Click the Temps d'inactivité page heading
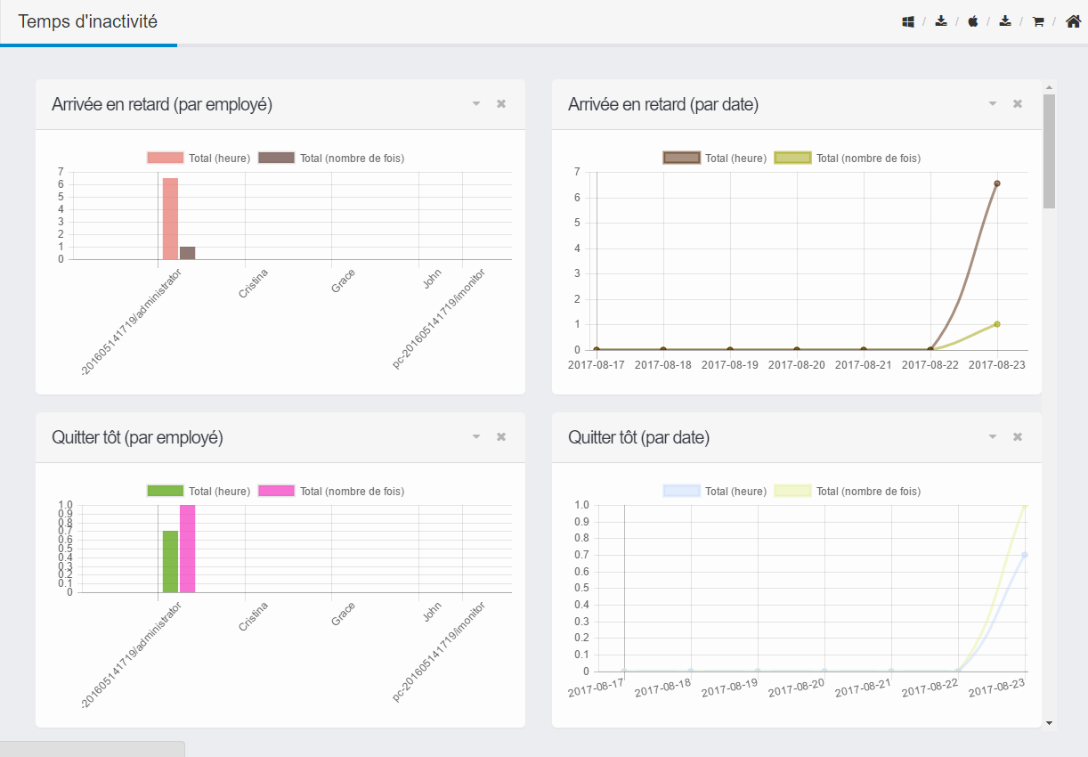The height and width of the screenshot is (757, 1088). (x=88, y=21)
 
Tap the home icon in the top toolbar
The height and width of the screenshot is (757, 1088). (x=1073, y=21)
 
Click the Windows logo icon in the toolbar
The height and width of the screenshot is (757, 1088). (x=908, y=22)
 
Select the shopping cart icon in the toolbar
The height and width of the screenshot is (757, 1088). (x=1038, y=22)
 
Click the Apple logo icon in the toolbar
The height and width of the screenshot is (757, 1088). (x=973, y=21)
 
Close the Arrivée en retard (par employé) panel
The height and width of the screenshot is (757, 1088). (x=501, y=104)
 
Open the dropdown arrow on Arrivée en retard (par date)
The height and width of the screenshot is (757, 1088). (x=993, y=104)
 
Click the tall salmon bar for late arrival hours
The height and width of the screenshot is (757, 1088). (x=170, y=219)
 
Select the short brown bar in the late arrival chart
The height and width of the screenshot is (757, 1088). (x=188, y=253)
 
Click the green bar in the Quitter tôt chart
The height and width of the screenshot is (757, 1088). (x=170, y=562)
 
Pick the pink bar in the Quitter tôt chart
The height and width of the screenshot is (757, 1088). (x=188, y=549)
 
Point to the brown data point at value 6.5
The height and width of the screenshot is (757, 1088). (x=997, y=183)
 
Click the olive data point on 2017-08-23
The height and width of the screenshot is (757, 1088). (x=997, y=324)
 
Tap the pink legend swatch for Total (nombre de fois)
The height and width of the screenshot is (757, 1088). (x=276, y=491)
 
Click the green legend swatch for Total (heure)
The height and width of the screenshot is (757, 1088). (x=165, y=491)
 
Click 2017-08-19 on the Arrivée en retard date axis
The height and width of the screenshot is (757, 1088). (x=729, y=365)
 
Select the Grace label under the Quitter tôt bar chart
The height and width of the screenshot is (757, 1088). (x=343, y=615)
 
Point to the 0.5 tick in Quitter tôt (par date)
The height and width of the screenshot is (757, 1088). (x=582, y=588)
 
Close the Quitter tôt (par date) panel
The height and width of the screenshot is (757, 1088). (x=1018, y=436)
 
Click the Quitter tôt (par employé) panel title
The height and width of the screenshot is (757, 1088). (x=137, y=437)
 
